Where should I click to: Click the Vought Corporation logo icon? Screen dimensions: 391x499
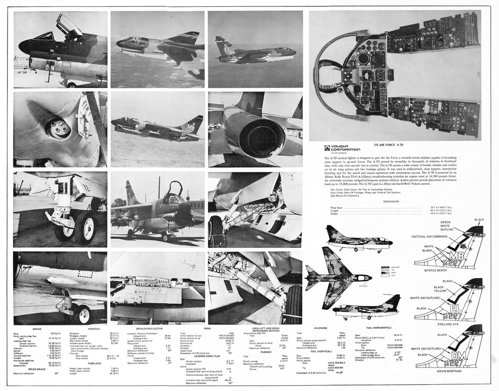click(x=327, y=149)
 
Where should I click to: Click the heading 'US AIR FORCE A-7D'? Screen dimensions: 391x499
click(x=389, y=146)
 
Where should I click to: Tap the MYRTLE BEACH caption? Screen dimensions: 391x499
click(x=435, y=270)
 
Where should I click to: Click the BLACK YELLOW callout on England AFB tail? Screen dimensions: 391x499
click(x=440, y=289)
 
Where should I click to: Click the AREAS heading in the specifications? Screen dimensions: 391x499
click(x=37, y=328)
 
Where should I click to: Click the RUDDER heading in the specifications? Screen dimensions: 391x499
click(x=266, y=352)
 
